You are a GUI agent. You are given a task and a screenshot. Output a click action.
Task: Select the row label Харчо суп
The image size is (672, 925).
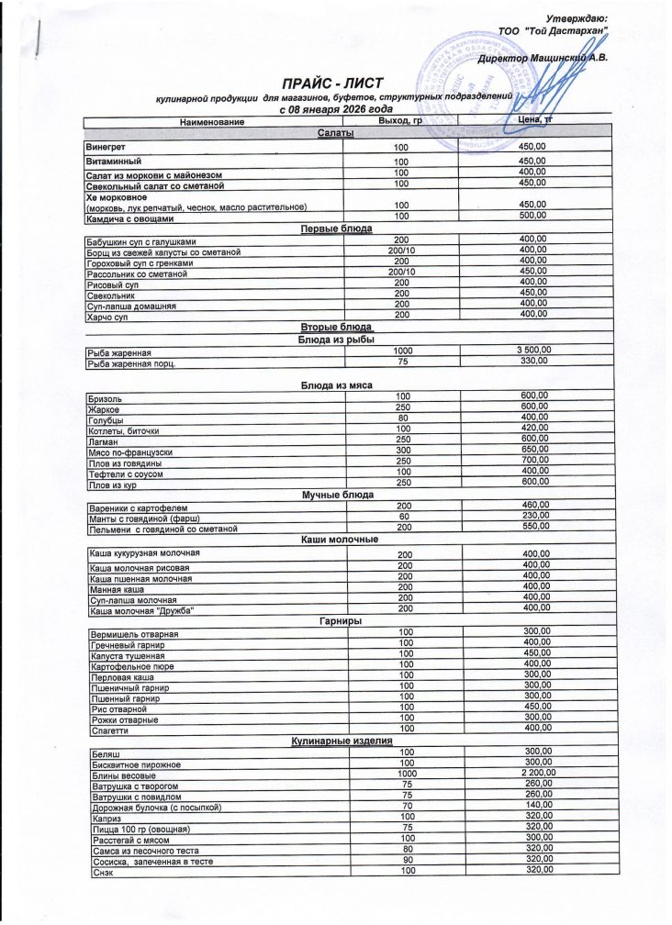[106, 316]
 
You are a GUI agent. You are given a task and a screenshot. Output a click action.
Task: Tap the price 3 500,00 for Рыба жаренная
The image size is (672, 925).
[532, 350]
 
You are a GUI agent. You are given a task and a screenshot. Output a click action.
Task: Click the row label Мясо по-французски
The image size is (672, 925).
[129, 451]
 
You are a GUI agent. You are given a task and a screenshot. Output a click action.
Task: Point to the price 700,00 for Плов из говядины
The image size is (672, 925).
[533, 460]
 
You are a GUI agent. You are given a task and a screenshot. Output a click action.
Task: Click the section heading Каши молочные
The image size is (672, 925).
[340, 540]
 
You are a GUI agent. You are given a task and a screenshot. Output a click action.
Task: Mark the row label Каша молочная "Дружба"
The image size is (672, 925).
[142, 610]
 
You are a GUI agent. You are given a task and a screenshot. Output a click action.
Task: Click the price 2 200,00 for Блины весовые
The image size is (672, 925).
[535, 774]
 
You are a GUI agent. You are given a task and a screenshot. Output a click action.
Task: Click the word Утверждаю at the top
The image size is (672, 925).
[576, 18]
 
